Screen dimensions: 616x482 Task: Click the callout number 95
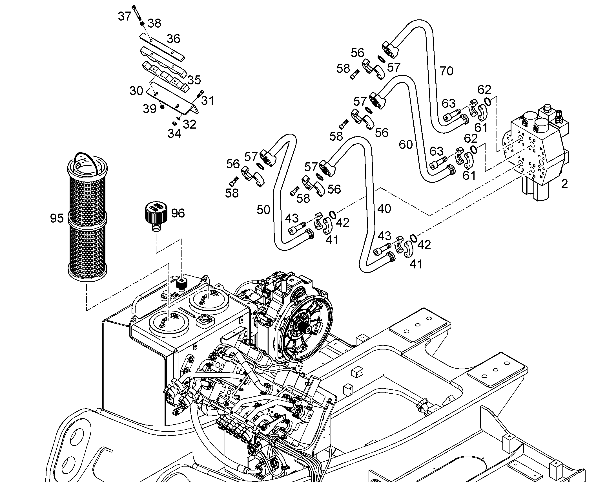click(57, 218)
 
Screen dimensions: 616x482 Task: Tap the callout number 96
click(178, 213)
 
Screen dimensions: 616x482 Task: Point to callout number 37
click(125, 16)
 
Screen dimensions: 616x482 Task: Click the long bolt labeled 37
click(137, 13)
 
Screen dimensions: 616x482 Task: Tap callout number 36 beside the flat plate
click(174, 39)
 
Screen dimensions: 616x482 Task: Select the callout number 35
click(194, 80)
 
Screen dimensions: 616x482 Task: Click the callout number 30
click(136, 91)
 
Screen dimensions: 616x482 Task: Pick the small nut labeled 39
click(162, 107)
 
